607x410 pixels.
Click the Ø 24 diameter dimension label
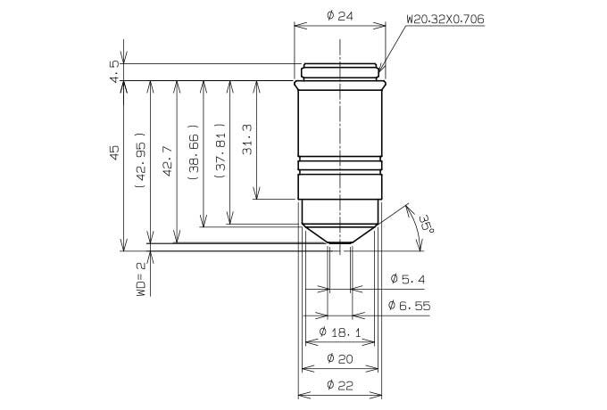pos(340,16)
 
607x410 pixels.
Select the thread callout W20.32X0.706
pos(445,20)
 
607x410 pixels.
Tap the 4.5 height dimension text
pos(115,71)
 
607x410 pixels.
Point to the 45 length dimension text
pos(115,153)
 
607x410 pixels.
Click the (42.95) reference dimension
pos(141,160)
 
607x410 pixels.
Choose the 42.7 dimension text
pos(167,160)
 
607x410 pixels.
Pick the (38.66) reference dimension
pos(194,152)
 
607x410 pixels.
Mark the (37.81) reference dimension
pos(220,151)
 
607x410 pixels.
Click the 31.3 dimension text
pos(247,140)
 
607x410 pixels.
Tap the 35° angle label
pos(426,224)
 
